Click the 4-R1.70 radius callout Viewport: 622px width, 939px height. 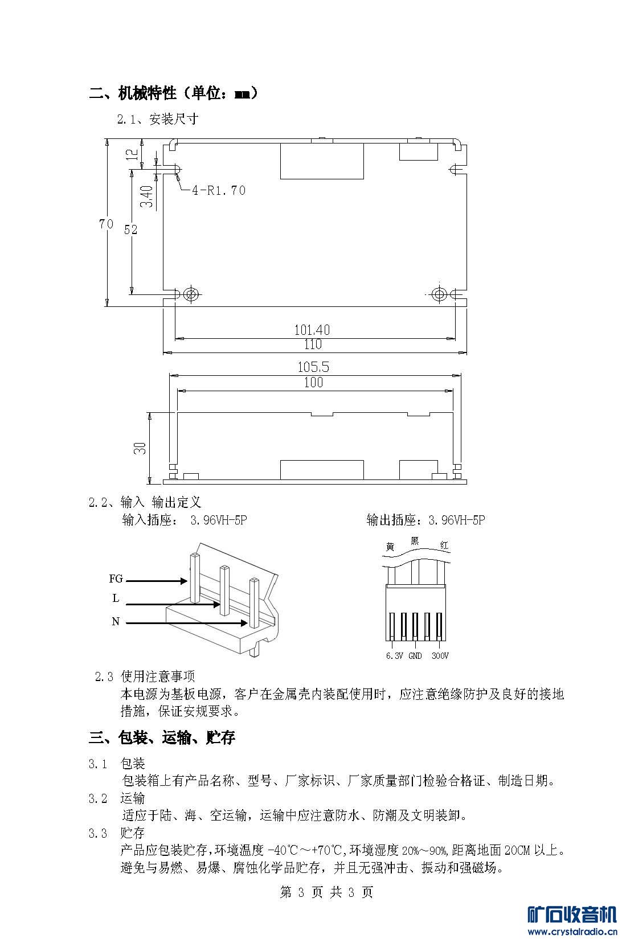tap(219, 190)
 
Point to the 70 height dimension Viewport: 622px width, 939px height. tap(106, 224)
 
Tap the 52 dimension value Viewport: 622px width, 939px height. tap(130, 229)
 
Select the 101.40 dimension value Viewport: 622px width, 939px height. tap(312, 330)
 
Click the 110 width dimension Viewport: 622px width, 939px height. tap(313, 344)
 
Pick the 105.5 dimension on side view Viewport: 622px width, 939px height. tap(313, 367)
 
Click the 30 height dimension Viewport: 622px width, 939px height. tap(140, 448)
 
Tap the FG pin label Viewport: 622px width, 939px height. tap(116, 579)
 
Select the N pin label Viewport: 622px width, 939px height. tap(116, 622)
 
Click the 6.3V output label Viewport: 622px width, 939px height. tap(394, 655)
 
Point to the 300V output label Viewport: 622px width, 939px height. tap(440, 655)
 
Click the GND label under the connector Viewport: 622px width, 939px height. tap(415, 655)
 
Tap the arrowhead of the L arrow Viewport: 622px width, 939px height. tap(216, 604)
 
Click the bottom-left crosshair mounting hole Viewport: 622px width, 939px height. tap(192, 294)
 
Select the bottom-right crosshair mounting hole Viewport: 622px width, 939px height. tap(439, 294)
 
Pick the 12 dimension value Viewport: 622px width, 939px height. tap(132, 154)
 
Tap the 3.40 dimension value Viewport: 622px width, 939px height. tap(146, 196)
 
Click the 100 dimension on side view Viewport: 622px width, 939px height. tap(313, 382)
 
